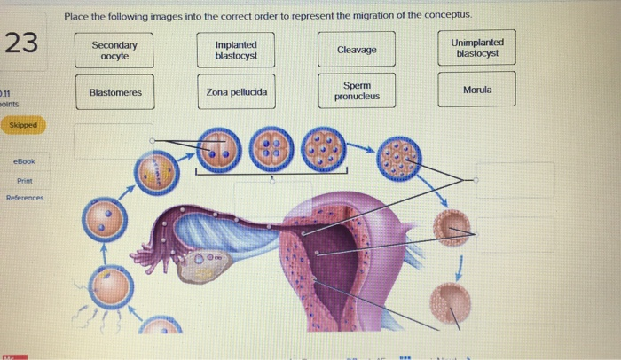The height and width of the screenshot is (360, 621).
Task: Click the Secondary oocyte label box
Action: (114, 51)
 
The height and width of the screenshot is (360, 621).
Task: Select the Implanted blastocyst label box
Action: (236, 51)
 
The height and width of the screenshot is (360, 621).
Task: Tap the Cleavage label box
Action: (357, 51)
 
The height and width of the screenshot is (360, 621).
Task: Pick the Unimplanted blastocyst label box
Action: (477, 48)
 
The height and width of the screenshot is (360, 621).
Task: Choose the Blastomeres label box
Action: (114, 92)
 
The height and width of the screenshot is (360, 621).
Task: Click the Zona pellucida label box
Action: (236, 92)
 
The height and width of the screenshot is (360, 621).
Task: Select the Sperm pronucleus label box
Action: (357, 90)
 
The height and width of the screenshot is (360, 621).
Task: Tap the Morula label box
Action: (477, 90)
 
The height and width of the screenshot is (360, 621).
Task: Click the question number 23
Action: (21, 42)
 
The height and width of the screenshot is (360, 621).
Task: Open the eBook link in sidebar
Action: (24, 161)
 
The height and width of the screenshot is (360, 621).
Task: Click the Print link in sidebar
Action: (24, 179)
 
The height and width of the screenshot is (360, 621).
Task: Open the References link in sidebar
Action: (24, 198)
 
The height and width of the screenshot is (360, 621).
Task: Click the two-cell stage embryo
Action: (218, 150)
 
